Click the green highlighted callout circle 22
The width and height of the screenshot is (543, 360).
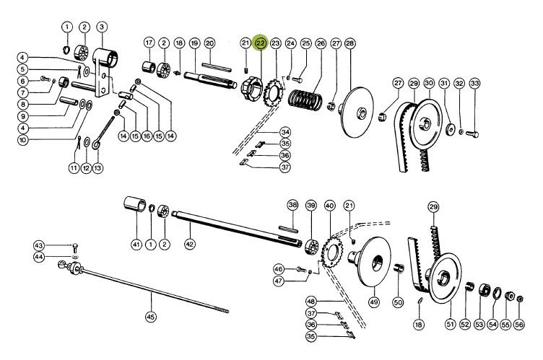point(260,44)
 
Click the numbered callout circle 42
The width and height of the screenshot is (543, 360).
point(190,245)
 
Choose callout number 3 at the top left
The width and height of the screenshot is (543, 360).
point(101,27)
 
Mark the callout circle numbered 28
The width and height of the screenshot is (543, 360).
point(350,44)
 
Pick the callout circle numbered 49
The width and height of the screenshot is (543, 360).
point(373,301)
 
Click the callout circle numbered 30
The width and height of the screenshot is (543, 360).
point(427,84)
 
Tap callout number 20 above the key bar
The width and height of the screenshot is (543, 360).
point(209,44)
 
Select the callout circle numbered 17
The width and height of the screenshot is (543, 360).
point(149,43)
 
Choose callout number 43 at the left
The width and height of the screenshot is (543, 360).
point(39,246)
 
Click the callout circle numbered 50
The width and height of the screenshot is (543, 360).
point(397,301)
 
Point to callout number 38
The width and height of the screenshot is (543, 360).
point(292,205)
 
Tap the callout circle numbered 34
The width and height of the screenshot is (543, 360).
point(285,132)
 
